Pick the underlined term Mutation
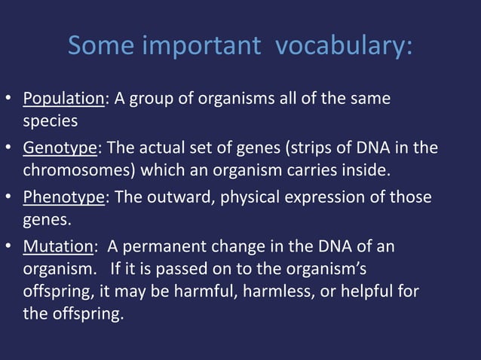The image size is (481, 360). [x=57, y=247]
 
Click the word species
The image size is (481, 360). [x=51, y=121]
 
